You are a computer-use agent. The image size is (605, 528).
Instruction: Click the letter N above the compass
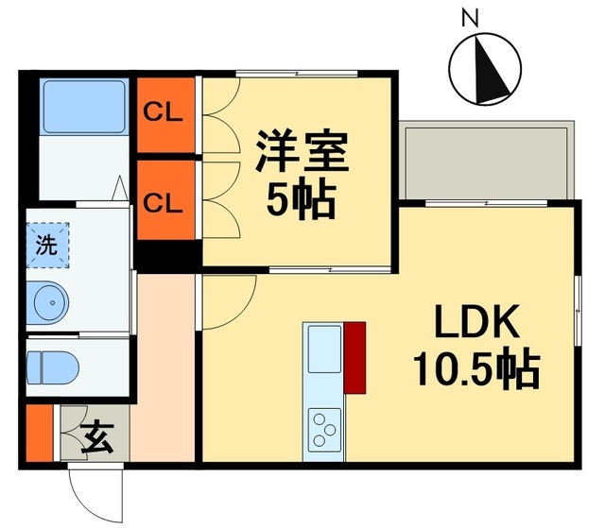tap(468, 16)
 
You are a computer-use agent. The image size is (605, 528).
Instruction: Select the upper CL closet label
tap(164, 112)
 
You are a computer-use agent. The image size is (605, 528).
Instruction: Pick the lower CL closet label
tap(164, 200)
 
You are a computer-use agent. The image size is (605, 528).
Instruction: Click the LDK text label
tap(476, 324)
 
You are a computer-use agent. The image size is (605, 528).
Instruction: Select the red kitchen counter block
tap(355, 356)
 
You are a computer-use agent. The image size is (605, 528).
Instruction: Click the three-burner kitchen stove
tap(323, 430)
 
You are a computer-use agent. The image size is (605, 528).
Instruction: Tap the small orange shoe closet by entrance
tap(38, 434)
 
